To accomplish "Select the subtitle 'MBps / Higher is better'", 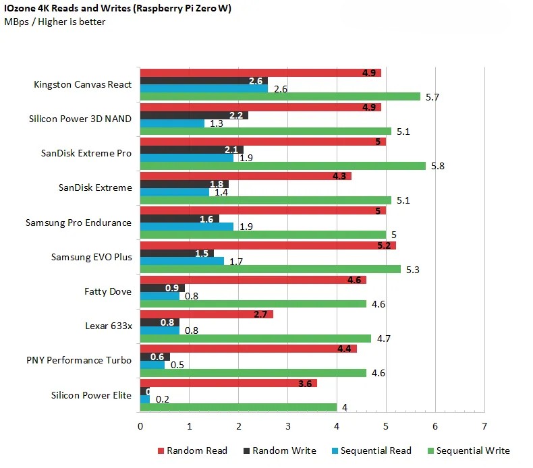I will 55,22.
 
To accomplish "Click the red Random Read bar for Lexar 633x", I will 206,314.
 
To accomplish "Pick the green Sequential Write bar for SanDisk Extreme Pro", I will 282,166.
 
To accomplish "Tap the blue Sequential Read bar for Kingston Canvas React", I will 203,88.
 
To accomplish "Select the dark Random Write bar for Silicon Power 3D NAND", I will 194,115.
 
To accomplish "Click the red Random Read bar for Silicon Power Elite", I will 227,382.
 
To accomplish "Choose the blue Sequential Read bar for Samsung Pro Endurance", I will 186,227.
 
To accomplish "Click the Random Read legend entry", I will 192,450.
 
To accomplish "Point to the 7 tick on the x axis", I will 484,427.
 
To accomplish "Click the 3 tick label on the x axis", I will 287,427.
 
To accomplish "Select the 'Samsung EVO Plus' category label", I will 92,257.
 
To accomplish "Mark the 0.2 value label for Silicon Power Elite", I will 162,399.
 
